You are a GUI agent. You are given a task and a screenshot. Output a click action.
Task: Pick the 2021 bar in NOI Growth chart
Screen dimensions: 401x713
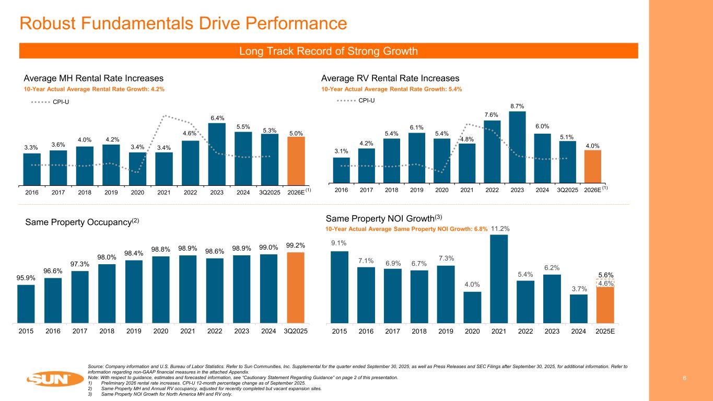[498, 279]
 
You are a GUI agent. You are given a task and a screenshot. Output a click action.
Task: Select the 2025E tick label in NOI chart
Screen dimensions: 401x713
[605, 331]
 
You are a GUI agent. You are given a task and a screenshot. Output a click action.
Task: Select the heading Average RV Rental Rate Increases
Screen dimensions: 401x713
[390, 78]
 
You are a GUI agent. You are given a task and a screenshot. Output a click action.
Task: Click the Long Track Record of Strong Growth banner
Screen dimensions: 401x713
[328, 51]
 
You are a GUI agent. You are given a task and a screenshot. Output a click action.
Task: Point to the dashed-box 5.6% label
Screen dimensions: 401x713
[605, 275]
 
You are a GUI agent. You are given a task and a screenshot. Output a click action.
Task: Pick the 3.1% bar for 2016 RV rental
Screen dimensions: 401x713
[341, 170]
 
